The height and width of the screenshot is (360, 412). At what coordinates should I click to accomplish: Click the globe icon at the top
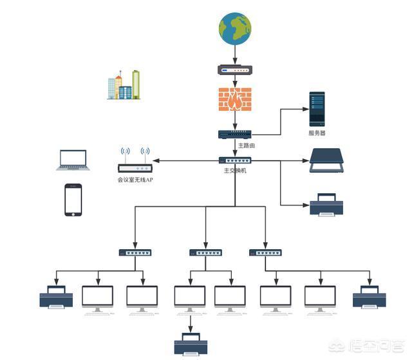234,29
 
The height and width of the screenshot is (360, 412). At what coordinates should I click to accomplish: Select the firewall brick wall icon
234,100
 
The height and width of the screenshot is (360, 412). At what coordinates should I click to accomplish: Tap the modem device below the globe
234,70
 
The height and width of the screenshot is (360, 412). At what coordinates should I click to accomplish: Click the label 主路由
247,146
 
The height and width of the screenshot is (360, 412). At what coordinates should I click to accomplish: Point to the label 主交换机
235,171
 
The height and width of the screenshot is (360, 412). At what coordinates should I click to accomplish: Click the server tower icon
317,109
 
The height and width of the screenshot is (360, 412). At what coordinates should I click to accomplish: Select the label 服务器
317,133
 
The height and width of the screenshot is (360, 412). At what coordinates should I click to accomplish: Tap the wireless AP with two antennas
135,162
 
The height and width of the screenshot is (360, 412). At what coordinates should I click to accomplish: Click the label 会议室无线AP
135,180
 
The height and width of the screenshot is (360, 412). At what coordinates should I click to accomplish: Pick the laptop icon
72,160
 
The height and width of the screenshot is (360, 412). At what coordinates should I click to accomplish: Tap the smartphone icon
73,200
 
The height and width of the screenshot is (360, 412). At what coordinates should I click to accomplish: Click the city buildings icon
124,85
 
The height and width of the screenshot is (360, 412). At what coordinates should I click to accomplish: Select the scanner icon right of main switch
326,160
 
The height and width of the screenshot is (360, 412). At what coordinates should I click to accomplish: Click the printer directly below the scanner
326,204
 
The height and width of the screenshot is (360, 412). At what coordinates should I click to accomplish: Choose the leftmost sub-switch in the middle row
135,252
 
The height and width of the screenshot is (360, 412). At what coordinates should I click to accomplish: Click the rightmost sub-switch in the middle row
265,252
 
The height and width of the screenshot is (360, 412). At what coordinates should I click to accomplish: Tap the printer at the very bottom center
191,344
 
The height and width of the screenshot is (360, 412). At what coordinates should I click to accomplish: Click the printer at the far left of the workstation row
56,297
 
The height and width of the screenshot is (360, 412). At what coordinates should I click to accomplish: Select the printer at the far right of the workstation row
370,297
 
